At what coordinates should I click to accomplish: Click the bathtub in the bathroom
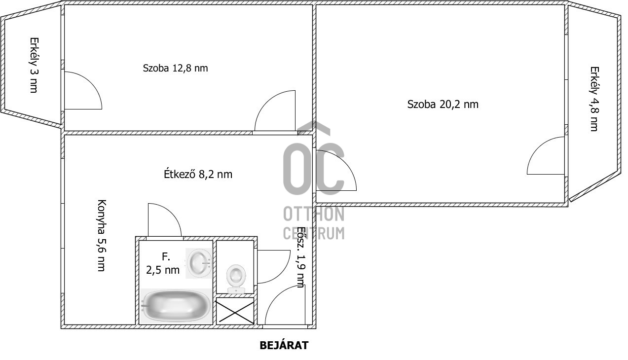176,306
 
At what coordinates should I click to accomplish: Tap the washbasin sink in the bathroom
199,263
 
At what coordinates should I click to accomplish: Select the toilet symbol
236,279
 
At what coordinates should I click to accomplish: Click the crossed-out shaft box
235,311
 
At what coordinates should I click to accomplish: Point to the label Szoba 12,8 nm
176,68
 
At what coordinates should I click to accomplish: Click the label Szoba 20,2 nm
443,104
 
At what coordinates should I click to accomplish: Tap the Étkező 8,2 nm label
198,174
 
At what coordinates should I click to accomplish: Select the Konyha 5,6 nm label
101,235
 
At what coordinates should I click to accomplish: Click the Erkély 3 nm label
34,65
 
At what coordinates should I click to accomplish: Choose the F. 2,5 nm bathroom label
163,263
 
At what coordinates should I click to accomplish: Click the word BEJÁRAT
284,345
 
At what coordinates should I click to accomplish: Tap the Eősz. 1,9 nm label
300,257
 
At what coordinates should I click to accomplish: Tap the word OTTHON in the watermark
314,215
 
